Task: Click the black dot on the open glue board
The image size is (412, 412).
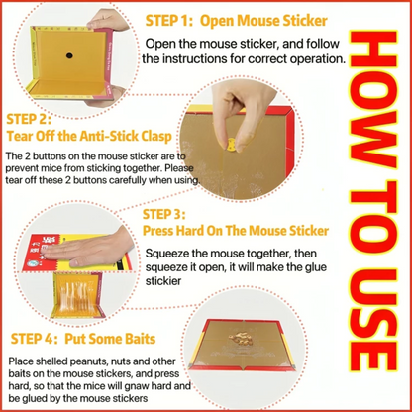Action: click(69, 55)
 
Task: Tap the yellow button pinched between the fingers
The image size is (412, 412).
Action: click(232, 145)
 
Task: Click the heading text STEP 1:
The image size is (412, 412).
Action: click(168, 21)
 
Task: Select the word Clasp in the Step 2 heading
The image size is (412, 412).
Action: click(156, 136)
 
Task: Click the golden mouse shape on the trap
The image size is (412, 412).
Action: click(241, 338)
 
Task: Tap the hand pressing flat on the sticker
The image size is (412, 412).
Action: click(87, 249)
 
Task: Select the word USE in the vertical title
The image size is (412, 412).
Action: click(373, 322)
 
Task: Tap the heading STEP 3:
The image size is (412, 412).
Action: click(164, 215)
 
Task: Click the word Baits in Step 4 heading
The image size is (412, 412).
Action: click(141, 339)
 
